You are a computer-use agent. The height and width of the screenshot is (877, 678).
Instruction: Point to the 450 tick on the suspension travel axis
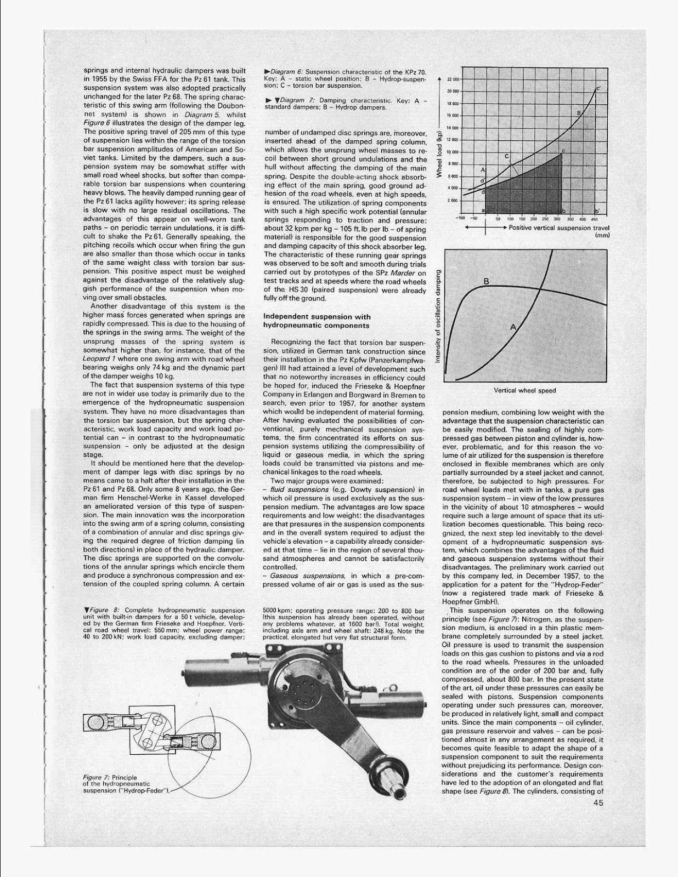(594, 218)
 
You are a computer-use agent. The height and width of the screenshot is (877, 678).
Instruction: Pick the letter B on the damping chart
(485, 282)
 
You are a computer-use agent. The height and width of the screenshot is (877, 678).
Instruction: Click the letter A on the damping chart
(513, 327)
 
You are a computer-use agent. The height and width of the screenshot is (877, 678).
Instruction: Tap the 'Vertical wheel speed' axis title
(524, 390)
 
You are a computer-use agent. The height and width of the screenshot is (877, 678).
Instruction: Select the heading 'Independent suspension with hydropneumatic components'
(317, 321)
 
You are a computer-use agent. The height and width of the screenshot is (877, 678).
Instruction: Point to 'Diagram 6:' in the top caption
(286, 72)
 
